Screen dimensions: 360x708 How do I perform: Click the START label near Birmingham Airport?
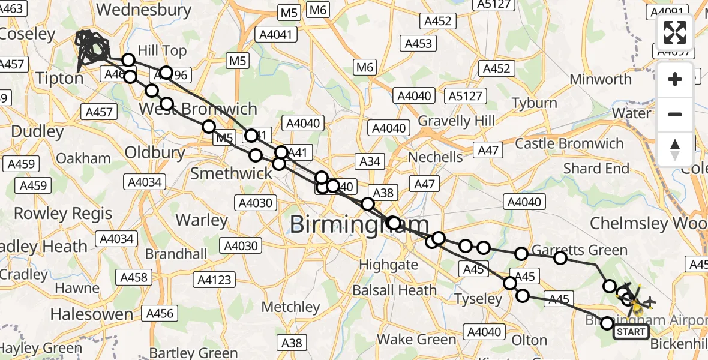pos(631,332)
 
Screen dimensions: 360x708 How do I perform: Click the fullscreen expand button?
pos(675,32)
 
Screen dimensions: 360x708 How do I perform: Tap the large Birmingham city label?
pos(359,225)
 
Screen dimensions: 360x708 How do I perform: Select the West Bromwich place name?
pos(198,109)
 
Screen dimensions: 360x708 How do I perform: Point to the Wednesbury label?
pos(144,10)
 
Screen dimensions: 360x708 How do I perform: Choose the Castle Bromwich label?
pos(569,144)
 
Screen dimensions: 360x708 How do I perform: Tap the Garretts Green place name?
pos(580,251)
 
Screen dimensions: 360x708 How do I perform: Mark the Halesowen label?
pos(91,314)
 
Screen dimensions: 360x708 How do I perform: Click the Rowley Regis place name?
pos(63,213)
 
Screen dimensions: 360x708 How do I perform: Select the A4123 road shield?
pos(214,280)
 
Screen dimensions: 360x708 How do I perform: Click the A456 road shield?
pos(160,313)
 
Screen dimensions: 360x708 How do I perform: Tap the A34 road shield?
pos(370,161)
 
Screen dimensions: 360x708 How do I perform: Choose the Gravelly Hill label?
pos(457,121)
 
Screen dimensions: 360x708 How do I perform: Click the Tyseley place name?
pos(478,299)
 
